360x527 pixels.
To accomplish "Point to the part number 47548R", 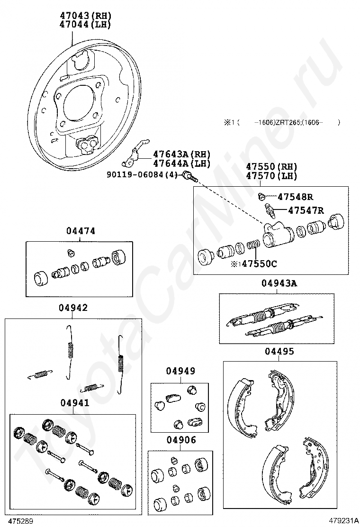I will tap(296, 197).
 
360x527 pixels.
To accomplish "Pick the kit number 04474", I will tap(81, 231).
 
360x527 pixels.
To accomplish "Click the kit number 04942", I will tap(73, 308).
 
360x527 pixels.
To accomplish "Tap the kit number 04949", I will tap(180, 371).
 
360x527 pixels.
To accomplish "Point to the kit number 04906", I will tap(181, 440).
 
